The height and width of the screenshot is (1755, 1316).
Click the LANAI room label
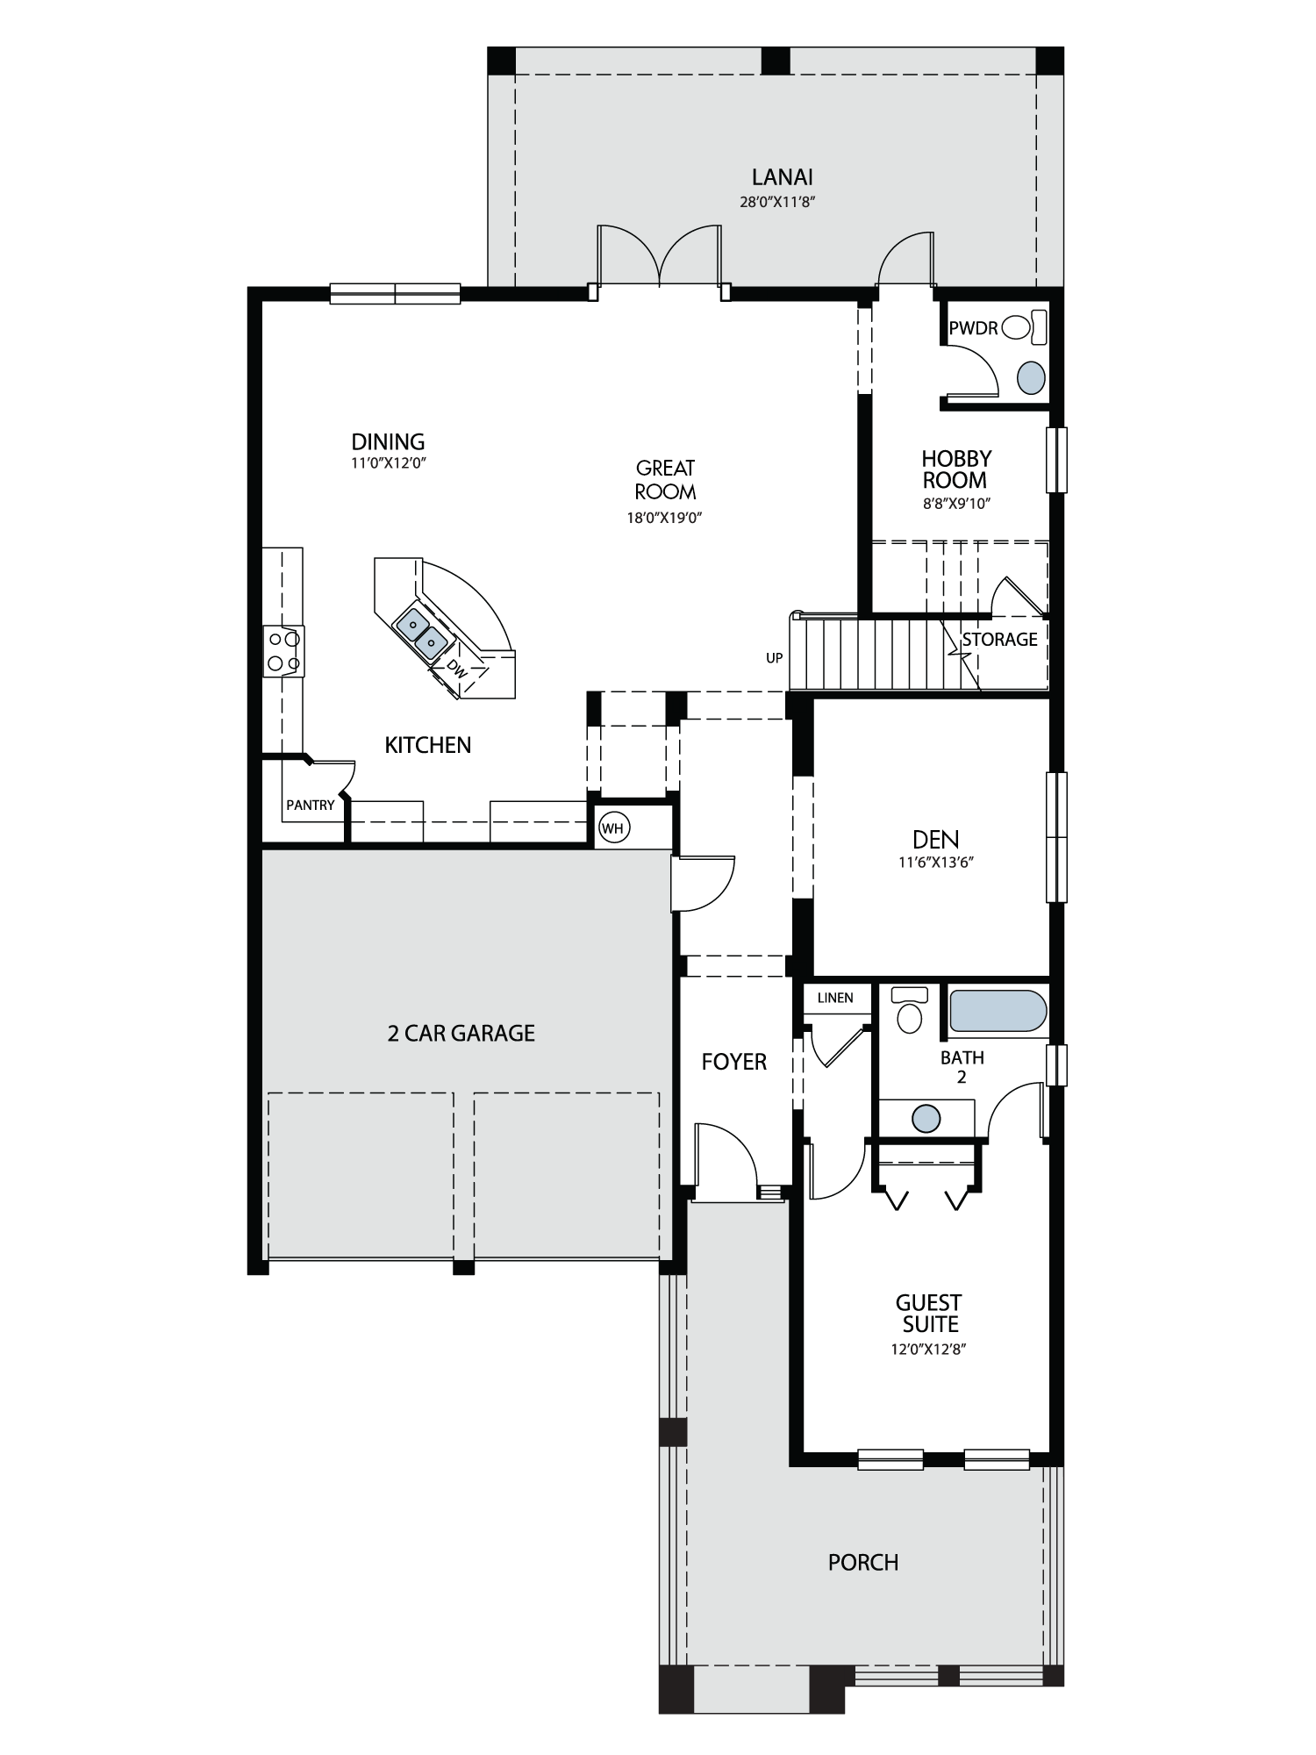coord(783,176)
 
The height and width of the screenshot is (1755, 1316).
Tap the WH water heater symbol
coord(613,828)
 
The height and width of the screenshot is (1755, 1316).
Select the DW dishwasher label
coord(455,667)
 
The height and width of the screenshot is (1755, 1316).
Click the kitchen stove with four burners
coord(283,651)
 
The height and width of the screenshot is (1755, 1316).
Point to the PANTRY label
coord(311,805)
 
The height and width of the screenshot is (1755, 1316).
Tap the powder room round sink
coord(1031,378)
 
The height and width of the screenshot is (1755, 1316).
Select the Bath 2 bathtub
coord(998,1011)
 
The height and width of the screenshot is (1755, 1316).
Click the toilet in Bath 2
coord(909,1011)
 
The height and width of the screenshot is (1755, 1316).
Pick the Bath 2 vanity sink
coord(926,1119)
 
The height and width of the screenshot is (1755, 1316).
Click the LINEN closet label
coord(835,998)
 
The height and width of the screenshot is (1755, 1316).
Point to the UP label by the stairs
coord(774,658)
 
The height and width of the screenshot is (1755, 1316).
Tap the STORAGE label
coord(999,640)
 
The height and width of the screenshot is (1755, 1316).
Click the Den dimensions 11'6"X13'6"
coord(936,862)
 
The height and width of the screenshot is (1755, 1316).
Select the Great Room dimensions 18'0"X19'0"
coord(665,518)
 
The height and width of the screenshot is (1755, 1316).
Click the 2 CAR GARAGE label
coord(461,1033)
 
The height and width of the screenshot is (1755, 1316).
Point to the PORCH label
coord(863,1563)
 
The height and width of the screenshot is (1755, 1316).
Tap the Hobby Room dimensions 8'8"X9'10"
coord(955,504)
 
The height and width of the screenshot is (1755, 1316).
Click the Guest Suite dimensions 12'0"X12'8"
coord(928,1350)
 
